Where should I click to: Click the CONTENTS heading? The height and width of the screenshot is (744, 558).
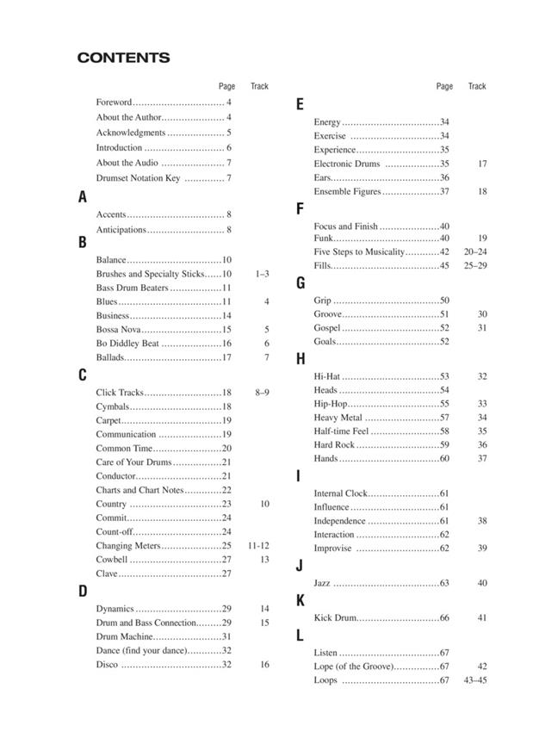click(123, 59)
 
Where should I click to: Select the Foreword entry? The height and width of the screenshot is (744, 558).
click(115, 102)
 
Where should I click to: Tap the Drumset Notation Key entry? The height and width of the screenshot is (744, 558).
click(138, 178)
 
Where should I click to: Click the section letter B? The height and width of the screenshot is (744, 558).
click(83, 243)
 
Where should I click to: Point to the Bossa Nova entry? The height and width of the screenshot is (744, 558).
click(118, 330)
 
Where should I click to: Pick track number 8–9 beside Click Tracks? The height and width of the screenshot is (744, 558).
click(263, 393)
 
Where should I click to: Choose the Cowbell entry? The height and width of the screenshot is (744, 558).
click(112, 560)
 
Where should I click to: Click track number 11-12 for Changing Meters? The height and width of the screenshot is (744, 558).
click(259, 546)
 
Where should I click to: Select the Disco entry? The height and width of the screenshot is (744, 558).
click(108, 665)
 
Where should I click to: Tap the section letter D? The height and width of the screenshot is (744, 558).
click(83, 591)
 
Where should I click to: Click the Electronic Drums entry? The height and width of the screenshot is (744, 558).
click(346, 164)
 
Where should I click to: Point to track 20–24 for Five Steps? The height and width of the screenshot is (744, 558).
click(475, 251)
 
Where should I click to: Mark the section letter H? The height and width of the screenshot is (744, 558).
click(301, 359)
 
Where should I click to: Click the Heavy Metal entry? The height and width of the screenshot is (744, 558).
click(338, 418)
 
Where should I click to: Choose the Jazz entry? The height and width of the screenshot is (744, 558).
click(322, 584)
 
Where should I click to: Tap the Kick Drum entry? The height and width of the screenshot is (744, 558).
click(334, 618)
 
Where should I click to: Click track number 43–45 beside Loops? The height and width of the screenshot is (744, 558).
click(475, 681)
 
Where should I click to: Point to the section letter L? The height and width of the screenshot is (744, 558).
click(300, 635)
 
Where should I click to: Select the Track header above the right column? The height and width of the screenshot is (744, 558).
click(477, 86)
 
